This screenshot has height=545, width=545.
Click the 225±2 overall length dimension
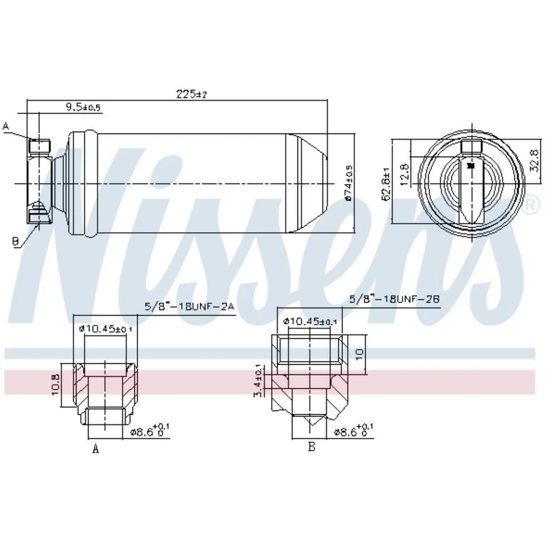pyautogui.click(x=191, y=94)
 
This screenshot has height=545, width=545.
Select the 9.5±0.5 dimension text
pyautogui.click(x=83, y=107)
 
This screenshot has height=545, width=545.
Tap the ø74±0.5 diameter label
pyautogui.click(x=349, y=183)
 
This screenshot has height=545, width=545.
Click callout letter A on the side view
pyautogui.click(x=6, y=126)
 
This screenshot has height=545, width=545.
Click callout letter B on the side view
pyautogui.click(x=16, y=241)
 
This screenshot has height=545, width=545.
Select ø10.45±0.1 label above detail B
pyautogui.click(x=310, y=322)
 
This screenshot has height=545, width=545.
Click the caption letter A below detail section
pyautogui.click(x=96, y=449)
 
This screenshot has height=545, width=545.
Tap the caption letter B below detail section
pyautogui.click(x=311, y=447)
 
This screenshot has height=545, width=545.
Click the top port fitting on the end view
pyautogui.click(x=472, y=148)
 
